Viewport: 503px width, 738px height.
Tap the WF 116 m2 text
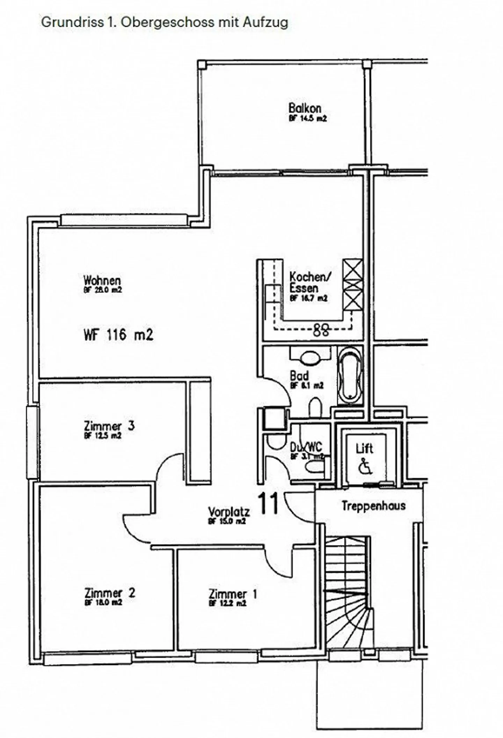click(118, 335)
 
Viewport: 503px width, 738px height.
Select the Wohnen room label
click(102, 280)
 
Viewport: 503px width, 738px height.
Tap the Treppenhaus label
click(373, 506)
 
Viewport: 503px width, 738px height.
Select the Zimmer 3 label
click(109, 426)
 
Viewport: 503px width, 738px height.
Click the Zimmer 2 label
click(109, 593)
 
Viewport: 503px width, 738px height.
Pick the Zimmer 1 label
click(233, 594)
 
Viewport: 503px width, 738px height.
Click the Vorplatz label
click(229, 512)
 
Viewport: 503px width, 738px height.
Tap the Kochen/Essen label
click(309, 282)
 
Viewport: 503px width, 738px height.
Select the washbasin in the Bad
click(310, 358)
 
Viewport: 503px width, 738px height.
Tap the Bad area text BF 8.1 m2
click(307, 385)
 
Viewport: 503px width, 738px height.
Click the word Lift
click(364, 449)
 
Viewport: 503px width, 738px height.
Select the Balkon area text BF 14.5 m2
click(307, 119)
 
